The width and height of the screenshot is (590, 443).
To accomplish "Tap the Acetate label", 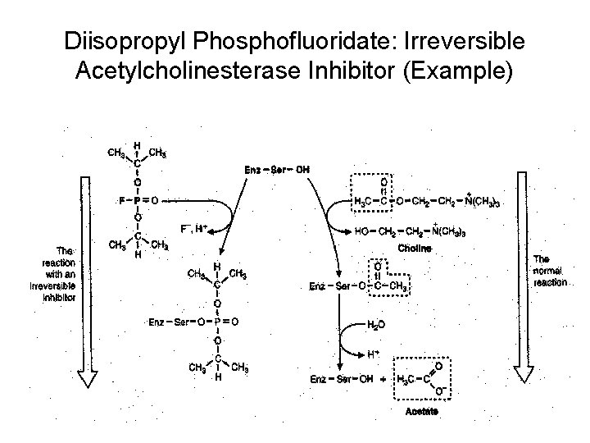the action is (x=420, y=412).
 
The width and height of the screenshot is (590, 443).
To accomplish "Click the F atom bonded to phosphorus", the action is (x=121, y=198).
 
